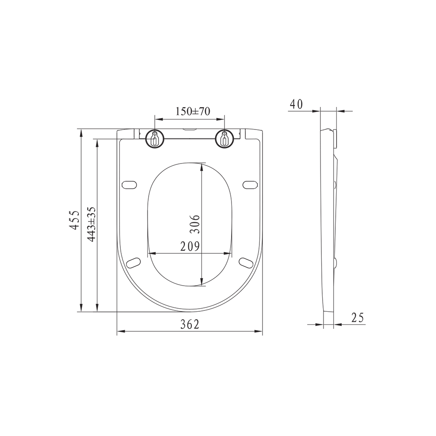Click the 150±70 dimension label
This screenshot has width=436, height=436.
(x=192, y=111)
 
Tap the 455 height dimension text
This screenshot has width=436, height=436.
(x=75, y=220)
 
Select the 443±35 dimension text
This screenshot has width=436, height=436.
(x=91, y=224)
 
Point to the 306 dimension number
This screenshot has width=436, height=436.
(x=196, y=224)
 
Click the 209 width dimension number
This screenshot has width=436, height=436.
(x=190, y=246)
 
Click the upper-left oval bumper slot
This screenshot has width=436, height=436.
(x=130, y=185)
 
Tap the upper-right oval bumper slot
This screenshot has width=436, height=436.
(x=249, y=185)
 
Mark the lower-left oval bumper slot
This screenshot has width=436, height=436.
(x=133, y=262)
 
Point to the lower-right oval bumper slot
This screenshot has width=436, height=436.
(x=246, y=262)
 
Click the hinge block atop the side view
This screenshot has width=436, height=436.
(x=335, y=139)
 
